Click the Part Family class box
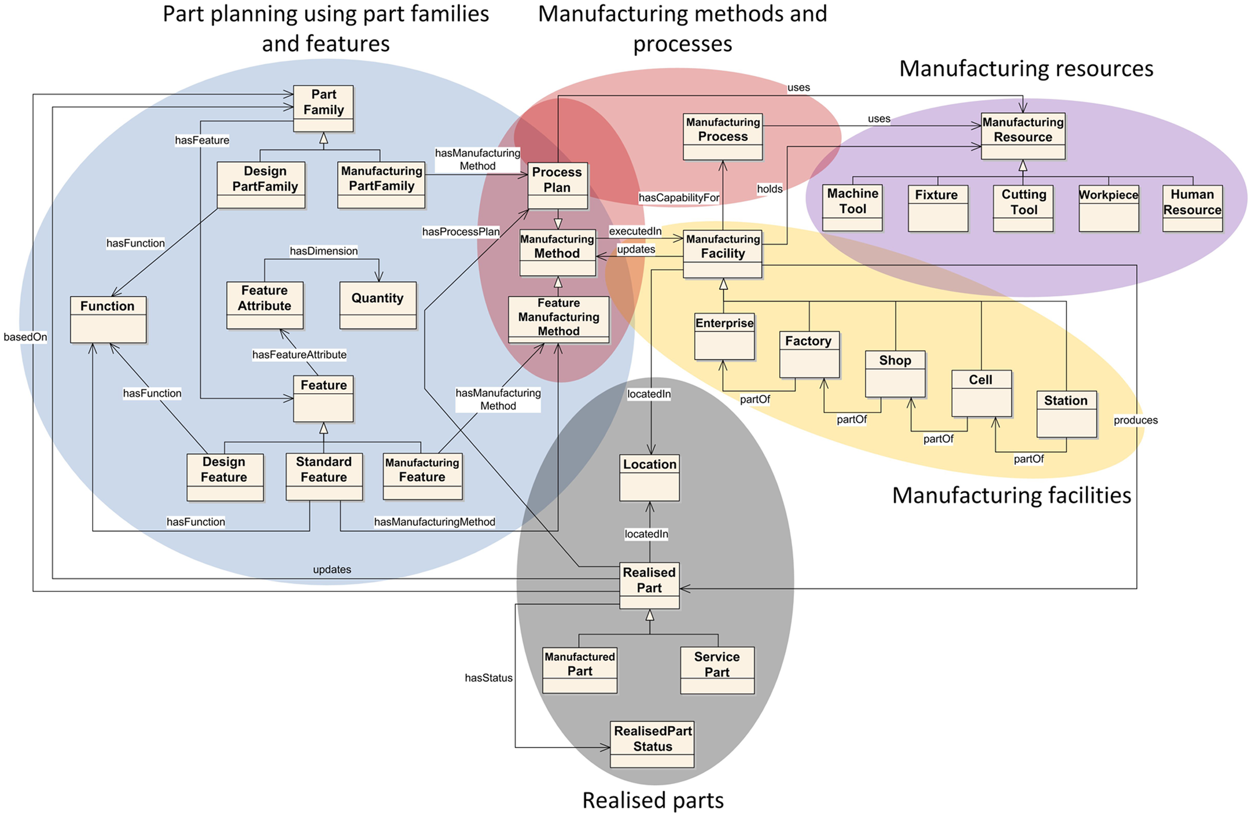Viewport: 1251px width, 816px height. tap(323, 108)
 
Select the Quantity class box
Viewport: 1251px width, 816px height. tap(378, 305)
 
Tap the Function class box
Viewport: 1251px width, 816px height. tap(108, 320)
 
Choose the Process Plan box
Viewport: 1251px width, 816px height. tap(558, 186)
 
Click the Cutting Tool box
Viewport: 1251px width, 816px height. tap(1023, 208)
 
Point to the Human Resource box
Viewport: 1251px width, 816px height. tap(1193, 208)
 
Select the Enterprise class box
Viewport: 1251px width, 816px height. tap(725, 337)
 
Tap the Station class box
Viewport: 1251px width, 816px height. tap(1066, 414)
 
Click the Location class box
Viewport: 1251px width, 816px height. tap(649, 478)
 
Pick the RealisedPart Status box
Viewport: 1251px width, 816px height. tap(652, 744)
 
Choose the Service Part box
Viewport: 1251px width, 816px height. tap(717, 671)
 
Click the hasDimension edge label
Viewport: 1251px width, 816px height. tap(324, 251)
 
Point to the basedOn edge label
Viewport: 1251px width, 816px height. tap(25, 337)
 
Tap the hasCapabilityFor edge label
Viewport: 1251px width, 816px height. tap(679, 198)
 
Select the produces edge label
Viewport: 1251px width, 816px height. tap(1135, 420)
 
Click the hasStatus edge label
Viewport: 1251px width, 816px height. tap(488, 678)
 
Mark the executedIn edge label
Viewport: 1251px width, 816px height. tap(635, 232)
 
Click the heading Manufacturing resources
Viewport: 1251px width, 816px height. tap(1026, 68)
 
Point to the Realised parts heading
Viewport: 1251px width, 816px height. tap(653, 800)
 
